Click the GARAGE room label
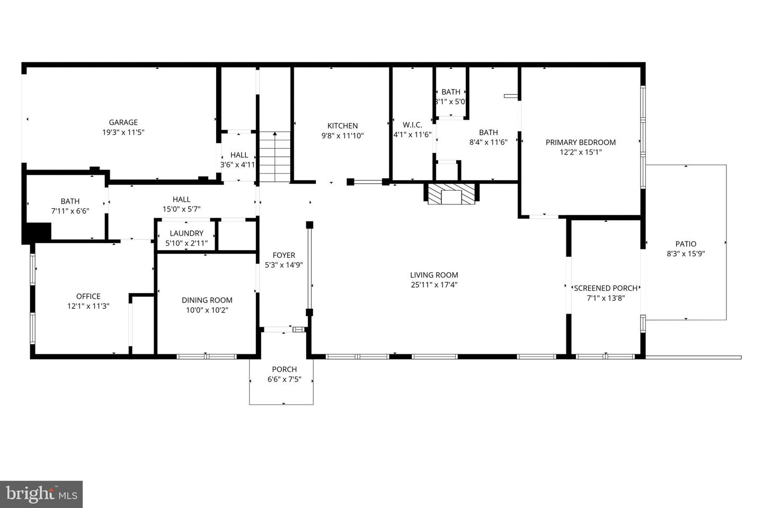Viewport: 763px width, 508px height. [123, 122]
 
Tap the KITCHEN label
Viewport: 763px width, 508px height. [342, 126]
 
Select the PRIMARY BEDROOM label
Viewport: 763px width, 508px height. [581, 142]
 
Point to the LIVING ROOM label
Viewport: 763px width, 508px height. [434, 275]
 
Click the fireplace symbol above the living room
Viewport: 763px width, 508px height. [451, 194]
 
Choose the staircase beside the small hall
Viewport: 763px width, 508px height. [274, 157]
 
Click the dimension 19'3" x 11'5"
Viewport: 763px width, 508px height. [123, 132]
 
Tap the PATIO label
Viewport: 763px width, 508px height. [686, 244]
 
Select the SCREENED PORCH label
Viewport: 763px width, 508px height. [606, 288]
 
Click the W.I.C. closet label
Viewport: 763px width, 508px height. [412, 125]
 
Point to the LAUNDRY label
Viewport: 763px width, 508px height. [187, 233]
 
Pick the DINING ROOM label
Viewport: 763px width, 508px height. [207, 300]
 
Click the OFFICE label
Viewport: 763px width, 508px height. [88, 296]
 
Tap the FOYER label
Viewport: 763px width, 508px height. [284, 255]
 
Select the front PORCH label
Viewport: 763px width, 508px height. [285, 369]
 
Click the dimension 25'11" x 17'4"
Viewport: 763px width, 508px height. [434, 285]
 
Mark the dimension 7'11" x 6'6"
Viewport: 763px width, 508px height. [70, 211]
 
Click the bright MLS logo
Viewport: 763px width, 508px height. [41, 494]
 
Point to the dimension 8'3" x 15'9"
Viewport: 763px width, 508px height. [686, 254]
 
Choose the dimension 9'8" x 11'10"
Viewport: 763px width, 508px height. [342, 136]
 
